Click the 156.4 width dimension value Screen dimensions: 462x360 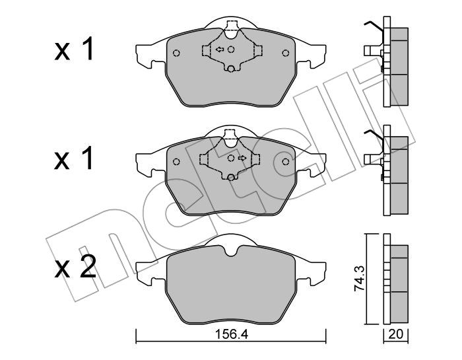coord(232,334)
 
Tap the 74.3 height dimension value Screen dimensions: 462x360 coord(359,278)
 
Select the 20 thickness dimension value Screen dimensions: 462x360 coord(395,334)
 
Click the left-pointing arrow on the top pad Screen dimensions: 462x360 coord(220,50)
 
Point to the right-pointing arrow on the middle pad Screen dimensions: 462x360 coord(242,158)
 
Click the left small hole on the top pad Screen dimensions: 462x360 coord(176,53)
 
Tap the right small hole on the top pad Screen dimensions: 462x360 coord(285,53)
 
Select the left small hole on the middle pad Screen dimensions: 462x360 coord(176,162)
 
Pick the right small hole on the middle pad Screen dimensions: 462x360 coord(285,162)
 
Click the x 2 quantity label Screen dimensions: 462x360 coord(75,267)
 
